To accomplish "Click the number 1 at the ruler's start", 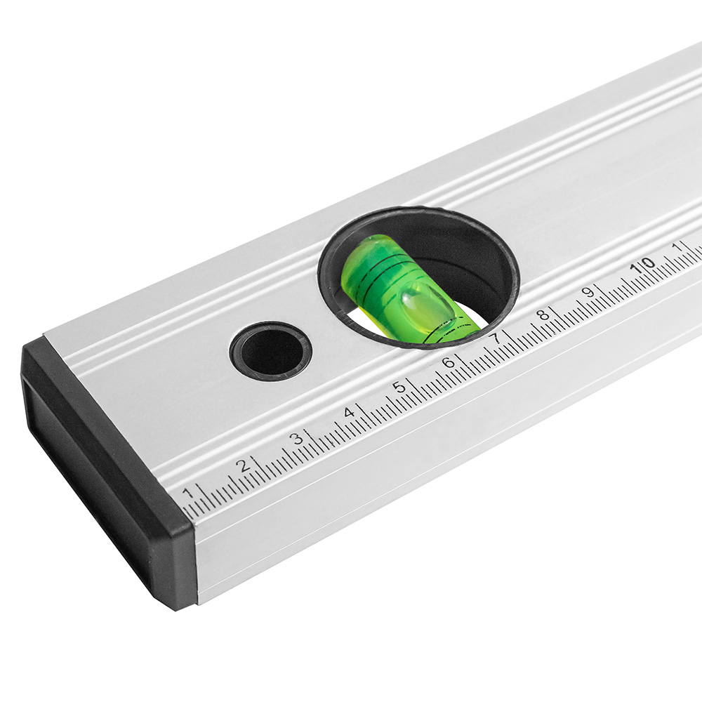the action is (x=188, y=493).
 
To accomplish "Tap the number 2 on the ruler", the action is (x=243, y=465).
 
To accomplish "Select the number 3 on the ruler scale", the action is (x=297, y=439).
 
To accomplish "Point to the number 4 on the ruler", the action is (x=349, y=412).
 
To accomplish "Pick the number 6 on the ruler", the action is (x=449, y=362).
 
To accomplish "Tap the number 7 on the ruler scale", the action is (x=496, y=338).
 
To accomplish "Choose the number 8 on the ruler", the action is (x=543, y=314).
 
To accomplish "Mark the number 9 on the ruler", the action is (x=588, y=292).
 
